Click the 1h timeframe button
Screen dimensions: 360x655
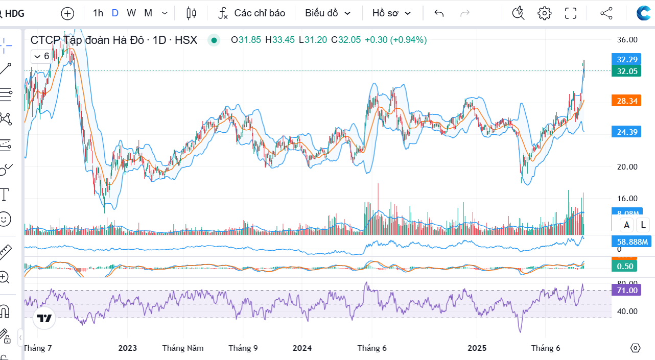(98, 13)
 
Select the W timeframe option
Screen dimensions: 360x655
(131, 13)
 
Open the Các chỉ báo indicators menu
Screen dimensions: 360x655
(251, 13)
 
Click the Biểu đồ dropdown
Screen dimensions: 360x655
(328, 13)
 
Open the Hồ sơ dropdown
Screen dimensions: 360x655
(391, 13)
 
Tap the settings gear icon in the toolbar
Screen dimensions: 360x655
(545, 13)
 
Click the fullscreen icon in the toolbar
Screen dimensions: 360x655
(570, 13)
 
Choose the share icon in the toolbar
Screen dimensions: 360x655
(606, 13)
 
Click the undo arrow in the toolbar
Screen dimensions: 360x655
(439, 13)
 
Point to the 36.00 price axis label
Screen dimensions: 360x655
(627, 40)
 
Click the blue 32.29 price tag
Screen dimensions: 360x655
(627, 59)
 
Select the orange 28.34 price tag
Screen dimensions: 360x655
(627, 101)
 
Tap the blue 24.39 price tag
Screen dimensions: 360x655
(627, 132)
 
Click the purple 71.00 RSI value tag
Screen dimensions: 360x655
(627, 290)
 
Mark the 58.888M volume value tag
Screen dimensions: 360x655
(631, 242)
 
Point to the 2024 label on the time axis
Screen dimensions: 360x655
(302, 348)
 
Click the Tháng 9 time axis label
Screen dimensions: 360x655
(243, 348)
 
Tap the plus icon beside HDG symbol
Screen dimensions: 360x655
(67, 13)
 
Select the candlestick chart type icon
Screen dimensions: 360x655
(192, 13)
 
